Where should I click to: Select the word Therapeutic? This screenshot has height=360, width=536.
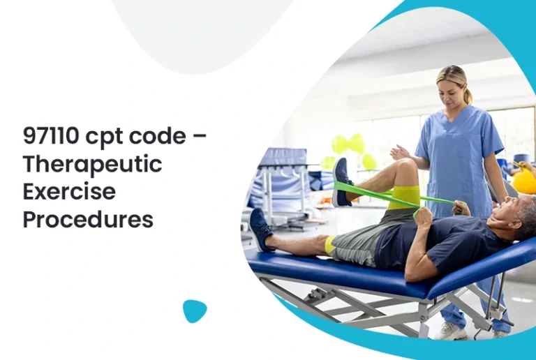click(x=92, y=165)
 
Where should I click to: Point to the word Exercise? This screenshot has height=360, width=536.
click(x=69, y=191)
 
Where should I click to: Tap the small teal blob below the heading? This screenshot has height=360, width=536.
click(x=195, y=310)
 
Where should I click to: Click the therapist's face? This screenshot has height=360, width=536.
click(x=451, y=91)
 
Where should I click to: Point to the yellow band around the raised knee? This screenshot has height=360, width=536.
click(x=404, y=196)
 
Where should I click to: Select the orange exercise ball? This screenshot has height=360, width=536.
click(x=524, y=181)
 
